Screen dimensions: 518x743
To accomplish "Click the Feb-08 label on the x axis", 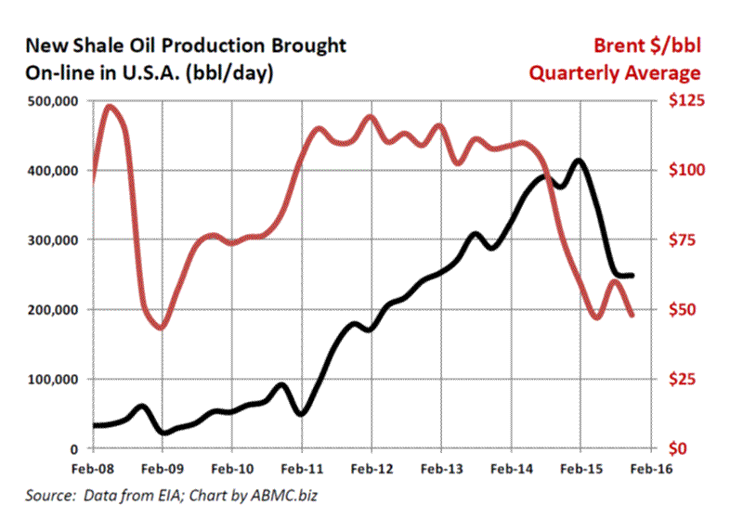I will pyautogui.click(x=93, y=468).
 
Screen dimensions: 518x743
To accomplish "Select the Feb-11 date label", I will pyautogui.click(x=302, y=468).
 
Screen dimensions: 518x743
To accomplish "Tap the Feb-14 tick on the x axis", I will pyautogui.click(x=511, y=468).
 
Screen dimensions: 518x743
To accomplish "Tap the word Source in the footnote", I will pyautogui.click(x=45, y=499).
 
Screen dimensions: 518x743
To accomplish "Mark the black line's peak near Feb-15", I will pyautogui.click(x=580, y=160).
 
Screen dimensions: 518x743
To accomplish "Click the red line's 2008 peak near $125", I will pyautogui.click(x=110, y=106).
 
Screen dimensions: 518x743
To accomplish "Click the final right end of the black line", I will pyautogui.click(x=632, y=276).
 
